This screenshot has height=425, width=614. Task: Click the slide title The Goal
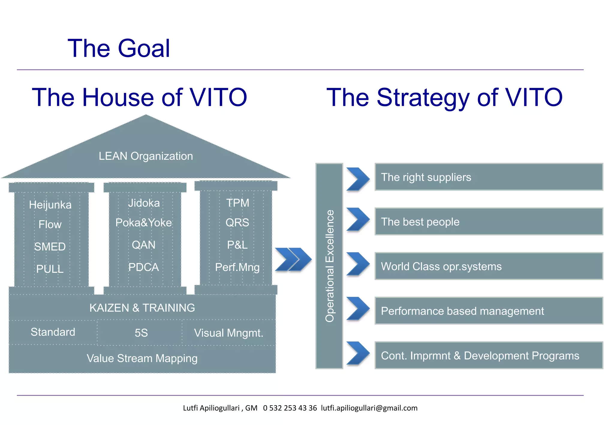(x=119, y=48)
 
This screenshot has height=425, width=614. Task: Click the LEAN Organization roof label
(x=146, y=156)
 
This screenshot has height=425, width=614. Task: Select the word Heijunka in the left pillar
(x=50, y=205)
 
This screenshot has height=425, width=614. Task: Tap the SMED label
(x=50, y=247)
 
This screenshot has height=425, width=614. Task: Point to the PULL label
(x=50, y=269)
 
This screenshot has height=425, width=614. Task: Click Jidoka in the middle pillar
(x=144, y=203)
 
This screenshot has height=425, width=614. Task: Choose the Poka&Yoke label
(x=144, y=223)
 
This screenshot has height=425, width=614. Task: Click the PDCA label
(x=144, y=267)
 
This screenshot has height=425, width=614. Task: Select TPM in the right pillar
(x=237, y=203)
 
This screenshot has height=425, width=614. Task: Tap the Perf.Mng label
(x=237, y=267)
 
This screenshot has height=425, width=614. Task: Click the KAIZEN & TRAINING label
(x=142, y=308)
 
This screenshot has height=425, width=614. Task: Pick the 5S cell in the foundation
(x=141, y=333)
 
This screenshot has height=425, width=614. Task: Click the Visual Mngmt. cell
(x=228, y=333)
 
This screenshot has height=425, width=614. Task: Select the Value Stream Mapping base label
(x=142, y=358)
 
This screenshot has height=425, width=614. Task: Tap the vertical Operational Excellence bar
(x=329, y=266)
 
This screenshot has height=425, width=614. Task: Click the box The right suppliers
(x=489, y=177)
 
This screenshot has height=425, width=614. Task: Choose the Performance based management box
(x=489, y=311)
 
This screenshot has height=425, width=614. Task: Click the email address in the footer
(x=369, y=408)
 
